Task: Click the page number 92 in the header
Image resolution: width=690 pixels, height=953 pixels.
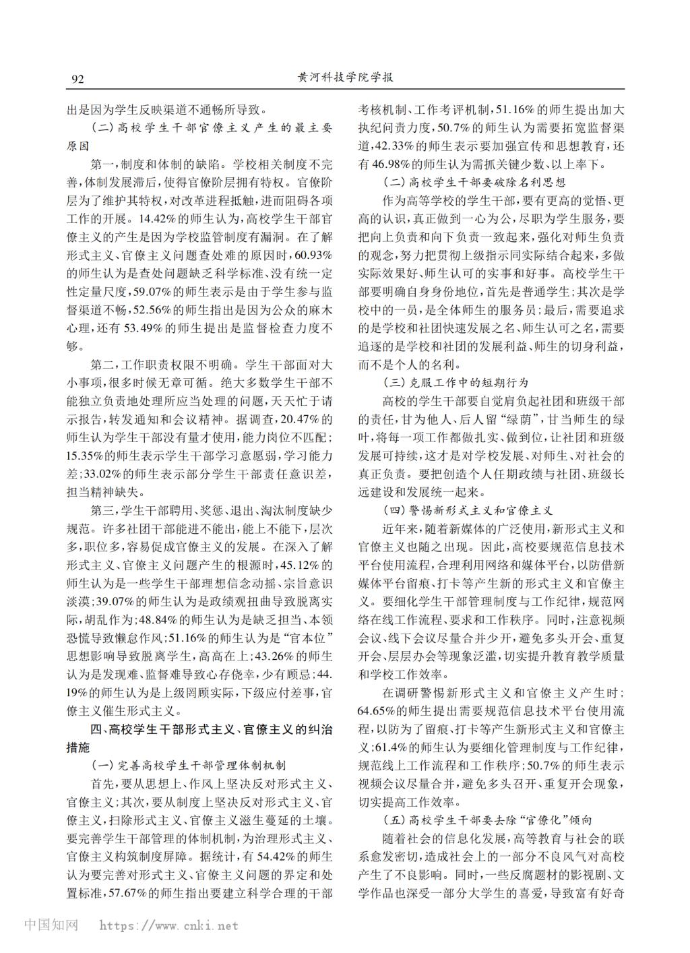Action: (77, 79)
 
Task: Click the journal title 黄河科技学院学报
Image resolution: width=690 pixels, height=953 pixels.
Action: (345, 78)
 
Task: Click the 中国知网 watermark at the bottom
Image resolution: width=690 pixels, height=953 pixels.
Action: (51, 925)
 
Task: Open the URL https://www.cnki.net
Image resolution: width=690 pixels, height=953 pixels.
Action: (168, 926)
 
